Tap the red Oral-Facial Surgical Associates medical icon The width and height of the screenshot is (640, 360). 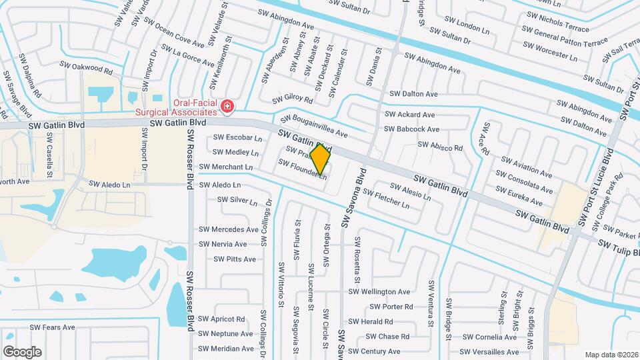point(227,105)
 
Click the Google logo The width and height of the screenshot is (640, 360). point(22,351)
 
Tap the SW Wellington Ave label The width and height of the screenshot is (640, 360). point(379,291)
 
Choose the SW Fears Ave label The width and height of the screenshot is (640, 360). point(53,327)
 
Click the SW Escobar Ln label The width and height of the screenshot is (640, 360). point(237,138)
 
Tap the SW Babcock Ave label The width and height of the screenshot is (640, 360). point(411,129)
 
